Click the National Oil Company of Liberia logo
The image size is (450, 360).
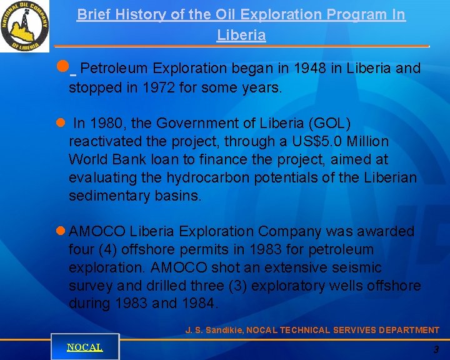25,26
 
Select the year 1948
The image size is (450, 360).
309,68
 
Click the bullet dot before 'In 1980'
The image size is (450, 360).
60,123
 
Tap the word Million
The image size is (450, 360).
366,141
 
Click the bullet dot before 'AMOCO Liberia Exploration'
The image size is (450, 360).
61,231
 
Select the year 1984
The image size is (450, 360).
199,304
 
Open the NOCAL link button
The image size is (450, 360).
85,347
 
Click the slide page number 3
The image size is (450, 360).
436,350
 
